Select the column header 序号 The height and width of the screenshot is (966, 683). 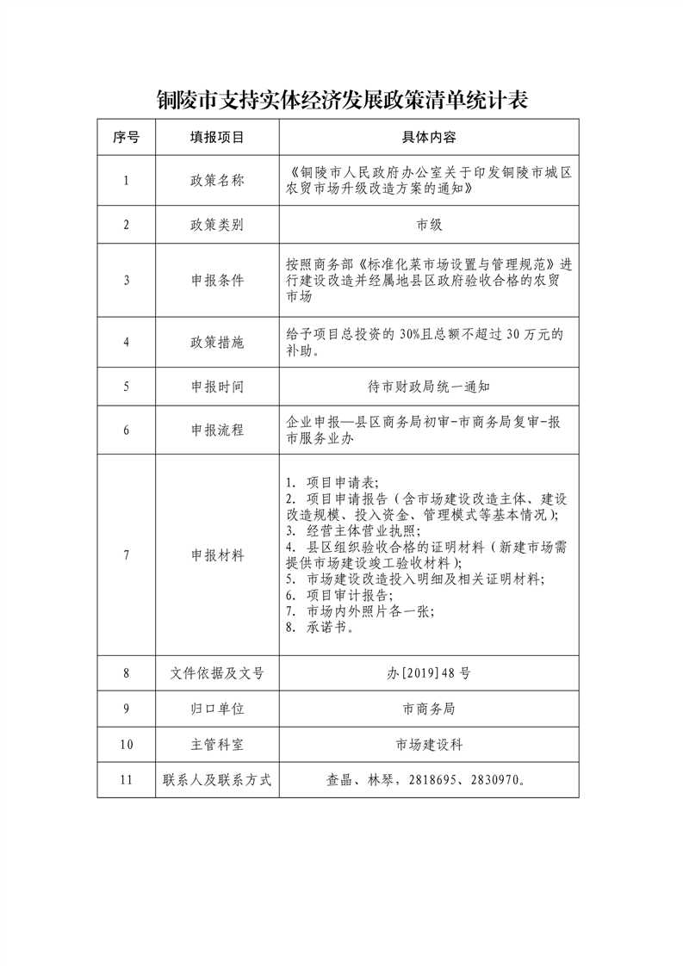pyautogui.click(x=126, y=137)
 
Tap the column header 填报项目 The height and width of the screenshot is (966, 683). pyautogui.click(x=217, y=137)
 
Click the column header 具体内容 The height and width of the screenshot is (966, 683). pyautogui.click(x=428, y=137)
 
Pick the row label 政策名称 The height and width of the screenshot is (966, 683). pyautogui.click(x=217, y=181)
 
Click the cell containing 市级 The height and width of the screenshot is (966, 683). pyautogui.click(x=428, y=225)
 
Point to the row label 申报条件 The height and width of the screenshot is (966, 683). pyautogui.click(x=217, y=280)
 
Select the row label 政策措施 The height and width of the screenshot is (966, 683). pyautogui.click(x=217, y=342)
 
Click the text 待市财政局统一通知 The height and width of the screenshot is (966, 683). pyautogui.click(x=428, y=387)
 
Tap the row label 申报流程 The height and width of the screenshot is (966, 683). pyautogui.click(x=217, y=430)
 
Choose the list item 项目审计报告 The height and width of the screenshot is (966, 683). pyautogui.click(x=349, y=595)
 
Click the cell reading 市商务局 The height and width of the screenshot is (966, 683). pyautogui.click(x=428, y=709)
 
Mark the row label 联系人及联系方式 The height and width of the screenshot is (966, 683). pyautogui.click(x=217, y=780)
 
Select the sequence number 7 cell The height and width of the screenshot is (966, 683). pyautogui.click(x=126, y=554)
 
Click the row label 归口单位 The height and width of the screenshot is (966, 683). pyautogui.click(x=217, y=709)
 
